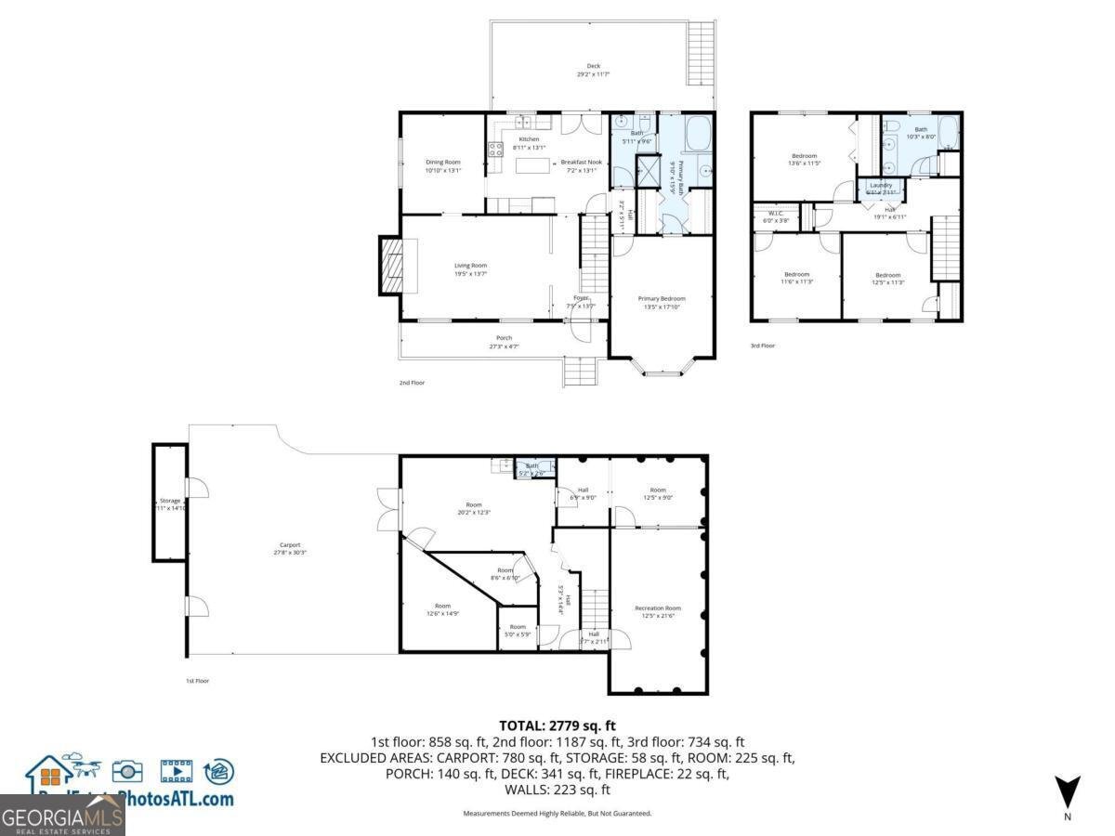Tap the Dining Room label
[x=442, y=163]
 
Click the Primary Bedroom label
[x=662, y=299]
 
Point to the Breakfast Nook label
[x=581, y=163]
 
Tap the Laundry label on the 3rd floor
[x=880, y=185]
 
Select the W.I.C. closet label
[x=774, y=213]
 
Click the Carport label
[x=290, y=545]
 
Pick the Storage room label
[x=169, y=501]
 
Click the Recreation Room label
[x=658, y=608]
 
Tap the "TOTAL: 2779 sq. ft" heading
[x=557, y=725]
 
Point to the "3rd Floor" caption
[x=762, y=346]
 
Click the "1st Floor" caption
[x=196, y=681]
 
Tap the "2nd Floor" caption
[x=412, y=382]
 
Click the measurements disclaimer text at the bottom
[x=557, y=813]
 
